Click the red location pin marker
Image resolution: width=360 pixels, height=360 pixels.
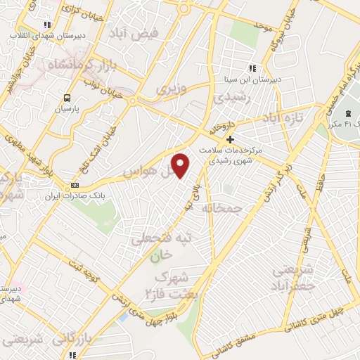(x=181, y=165)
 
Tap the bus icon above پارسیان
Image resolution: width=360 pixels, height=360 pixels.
(x=67, y=98)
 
